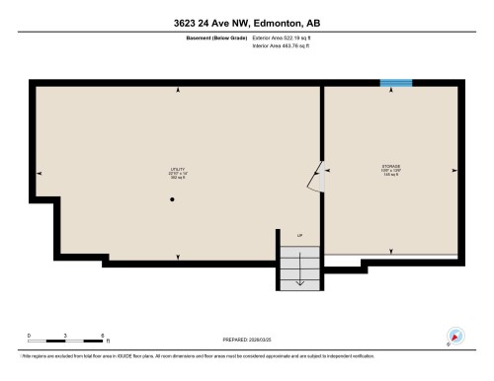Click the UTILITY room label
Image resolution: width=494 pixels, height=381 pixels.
[178, 169]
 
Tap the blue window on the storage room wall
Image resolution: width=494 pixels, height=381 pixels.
[396, 82]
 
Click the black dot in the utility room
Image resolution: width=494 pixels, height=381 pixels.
[172, 201]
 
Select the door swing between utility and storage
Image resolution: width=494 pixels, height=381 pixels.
[315, 175]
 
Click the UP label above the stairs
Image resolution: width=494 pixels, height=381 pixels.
[300, 234]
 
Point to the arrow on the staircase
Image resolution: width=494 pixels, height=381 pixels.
[300, 278]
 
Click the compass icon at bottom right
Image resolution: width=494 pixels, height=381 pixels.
[456, 336]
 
